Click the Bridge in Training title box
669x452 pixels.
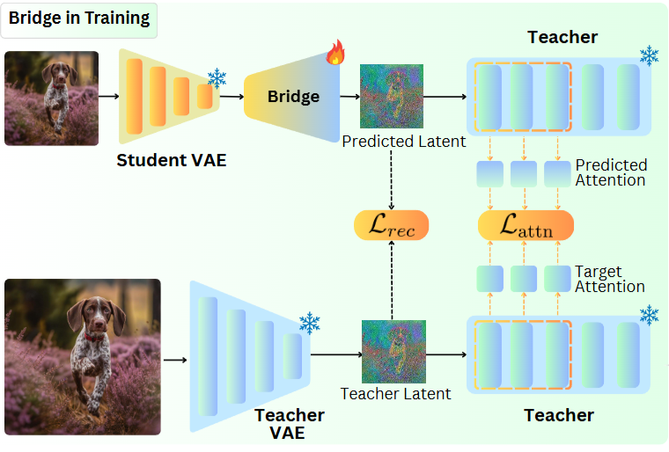[79, 20]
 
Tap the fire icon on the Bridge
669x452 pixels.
[335, 52]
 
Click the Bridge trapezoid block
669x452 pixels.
[292, 97]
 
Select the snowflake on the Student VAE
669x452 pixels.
[217, 78]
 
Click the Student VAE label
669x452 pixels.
[172, 160]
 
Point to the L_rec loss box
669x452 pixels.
[391, 225]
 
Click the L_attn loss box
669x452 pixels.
[526, 225]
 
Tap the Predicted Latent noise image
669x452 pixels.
[392, 97]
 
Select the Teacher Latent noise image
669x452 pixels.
[393, 352]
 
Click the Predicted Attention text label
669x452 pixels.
[611, 172]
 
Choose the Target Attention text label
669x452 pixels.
[610, 279]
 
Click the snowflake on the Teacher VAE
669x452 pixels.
[309, 323]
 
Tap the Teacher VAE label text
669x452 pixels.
[290, 424]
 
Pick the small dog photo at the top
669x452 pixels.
[52, 98]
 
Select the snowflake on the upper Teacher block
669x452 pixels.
[649, 55]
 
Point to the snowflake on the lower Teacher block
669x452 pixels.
[649, 315]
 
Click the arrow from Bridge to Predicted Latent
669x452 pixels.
[350, 97]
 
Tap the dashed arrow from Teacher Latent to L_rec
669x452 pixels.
[392, 281]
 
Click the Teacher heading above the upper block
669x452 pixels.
[562, 37]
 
